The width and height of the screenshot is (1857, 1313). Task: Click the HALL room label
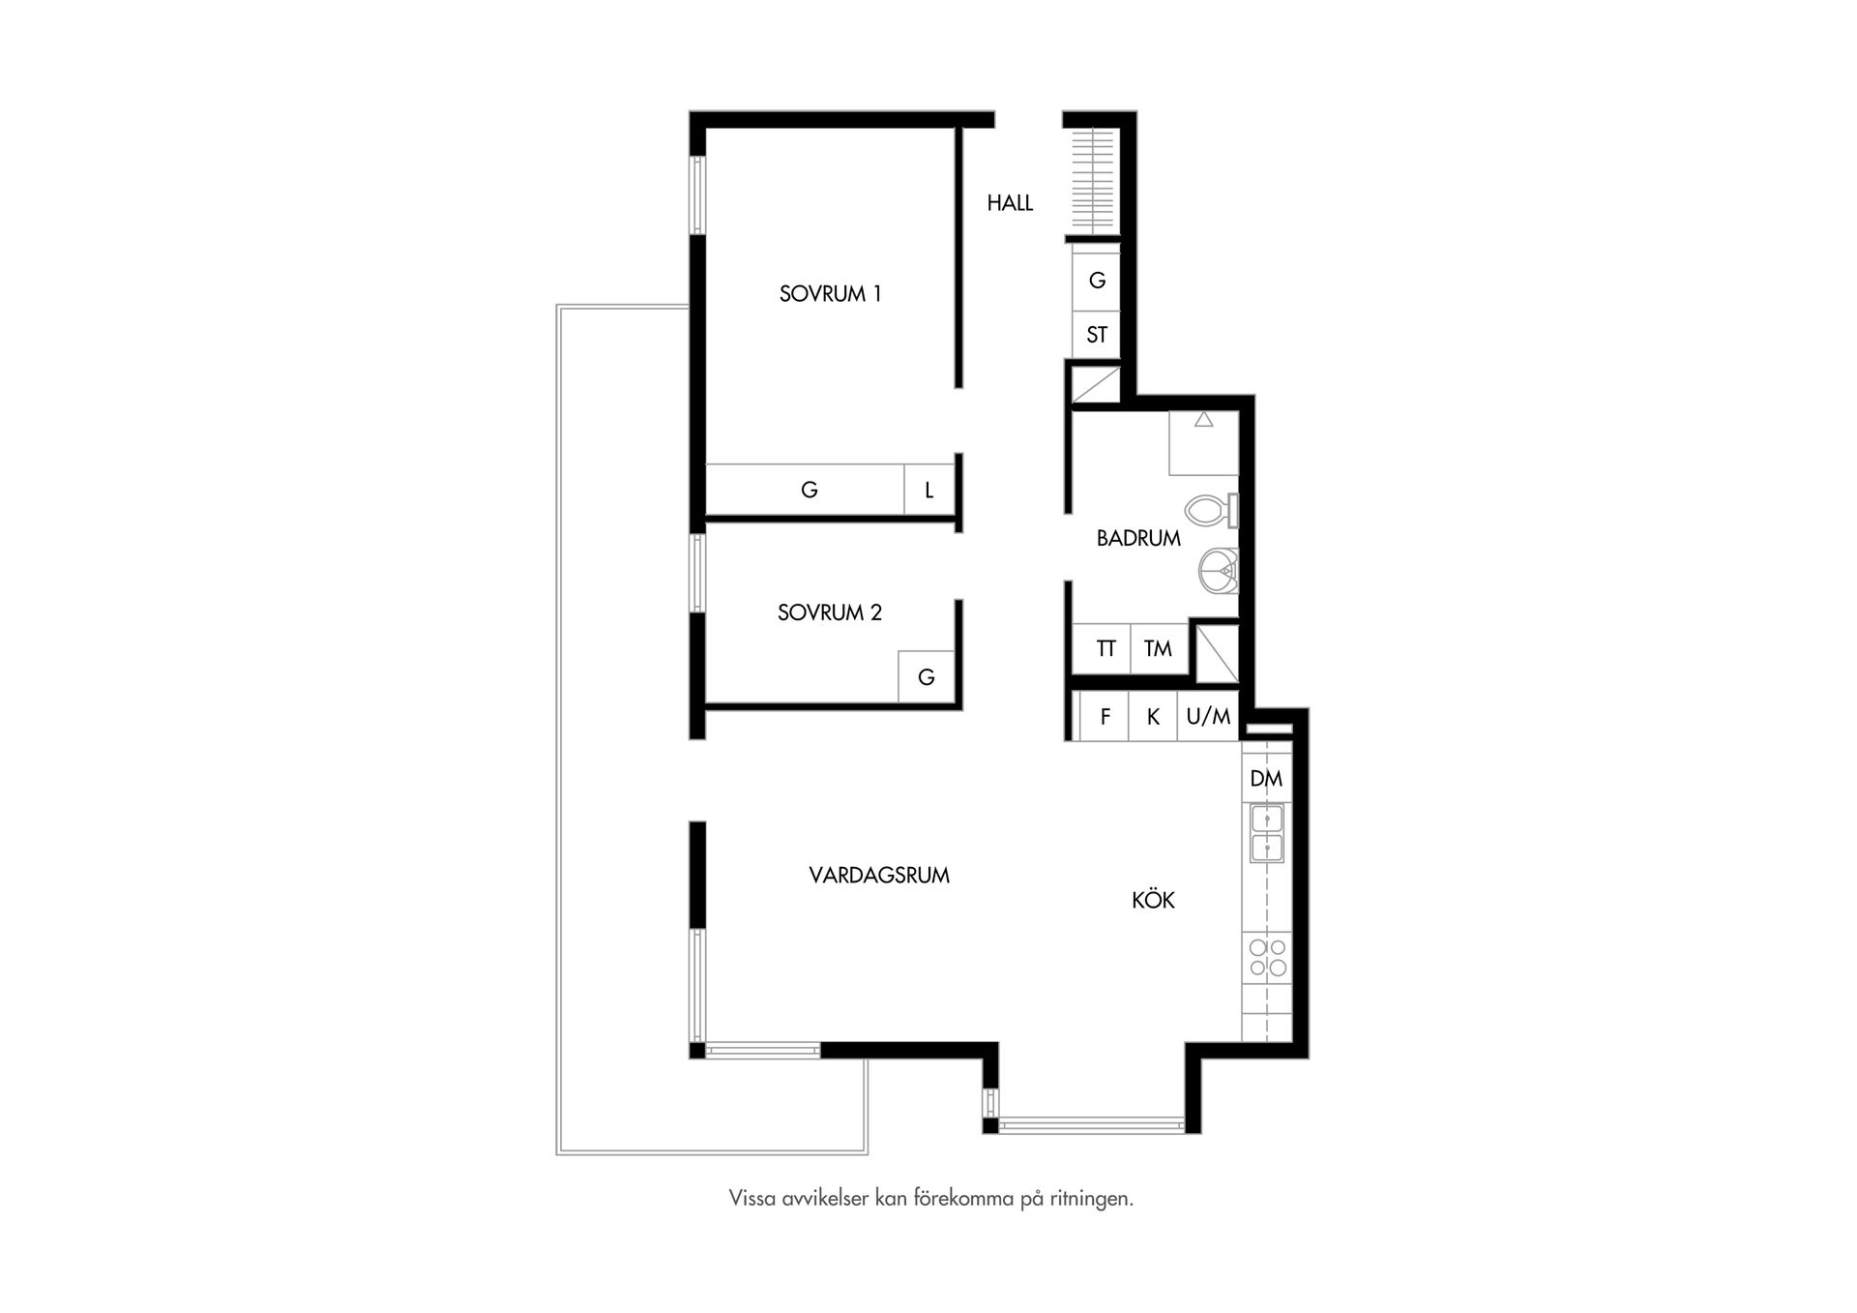[1010, 203]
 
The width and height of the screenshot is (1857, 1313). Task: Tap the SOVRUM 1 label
[830, 294]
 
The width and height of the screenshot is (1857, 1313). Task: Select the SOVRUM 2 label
[829, 612]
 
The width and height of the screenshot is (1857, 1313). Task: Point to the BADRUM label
[1138, 539]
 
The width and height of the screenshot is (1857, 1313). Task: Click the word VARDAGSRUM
[878, 876]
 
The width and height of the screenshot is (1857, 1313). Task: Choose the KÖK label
[1153, 901]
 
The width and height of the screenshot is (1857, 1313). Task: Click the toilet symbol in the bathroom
[1209, 510]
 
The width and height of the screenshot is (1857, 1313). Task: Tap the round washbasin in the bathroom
[1218, 571]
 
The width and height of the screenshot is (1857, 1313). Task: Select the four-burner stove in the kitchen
[1267, 957]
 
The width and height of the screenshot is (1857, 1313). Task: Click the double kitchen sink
[1267, 834]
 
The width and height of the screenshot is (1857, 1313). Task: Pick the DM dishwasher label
[1266, 779]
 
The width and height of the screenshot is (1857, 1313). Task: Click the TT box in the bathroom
[1105, 649]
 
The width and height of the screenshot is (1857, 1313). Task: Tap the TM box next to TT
[1158, 649]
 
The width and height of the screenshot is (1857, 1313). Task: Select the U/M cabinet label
[1208, 717]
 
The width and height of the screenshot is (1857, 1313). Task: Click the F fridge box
[1105, 717]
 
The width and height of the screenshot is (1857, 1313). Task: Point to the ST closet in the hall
[1096, 336]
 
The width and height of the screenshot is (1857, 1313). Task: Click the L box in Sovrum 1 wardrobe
[928, 491]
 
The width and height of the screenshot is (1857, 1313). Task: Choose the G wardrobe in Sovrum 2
[926, 677]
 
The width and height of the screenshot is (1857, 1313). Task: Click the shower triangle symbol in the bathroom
[1203, 420]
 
